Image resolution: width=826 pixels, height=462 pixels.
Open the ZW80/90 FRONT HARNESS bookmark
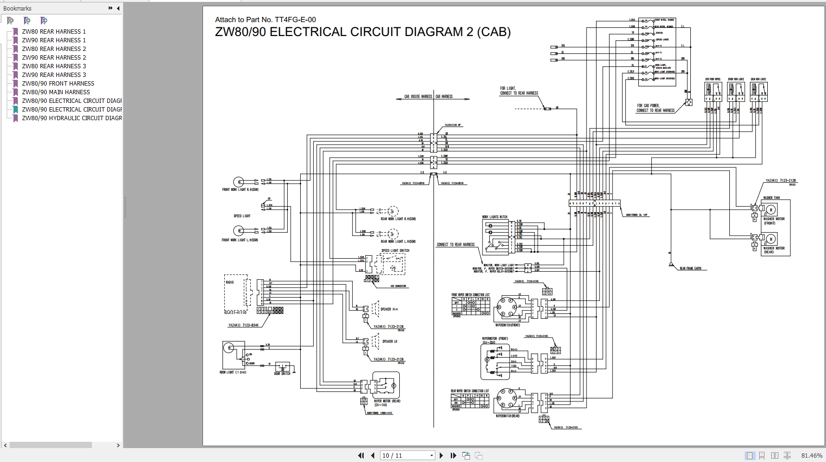pos(58,84)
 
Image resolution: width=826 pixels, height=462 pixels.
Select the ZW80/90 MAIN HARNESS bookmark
pos(56,92)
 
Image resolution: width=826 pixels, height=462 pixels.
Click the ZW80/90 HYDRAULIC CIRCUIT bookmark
pos(71,118)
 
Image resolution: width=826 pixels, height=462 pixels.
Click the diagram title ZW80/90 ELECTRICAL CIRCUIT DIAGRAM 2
pos(363,32)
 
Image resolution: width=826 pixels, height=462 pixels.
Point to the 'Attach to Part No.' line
pos(265,20)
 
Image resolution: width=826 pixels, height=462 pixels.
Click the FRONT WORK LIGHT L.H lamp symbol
pos(238,229)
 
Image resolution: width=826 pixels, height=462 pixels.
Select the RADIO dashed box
pos(236,292)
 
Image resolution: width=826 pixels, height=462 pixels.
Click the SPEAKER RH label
pos(389,309)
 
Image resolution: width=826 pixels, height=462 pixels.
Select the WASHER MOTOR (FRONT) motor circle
pos(771,209)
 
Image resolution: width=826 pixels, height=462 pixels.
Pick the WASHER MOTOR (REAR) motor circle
pos(771,239)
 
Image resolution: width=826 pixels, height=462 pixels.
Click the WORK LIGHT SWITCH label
pos(495,217)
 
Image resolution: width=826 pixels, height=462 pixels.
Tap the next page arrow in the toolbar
pos(441,455)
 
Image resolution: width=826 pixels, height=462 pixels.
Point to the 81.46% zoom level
pos(812,455)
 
